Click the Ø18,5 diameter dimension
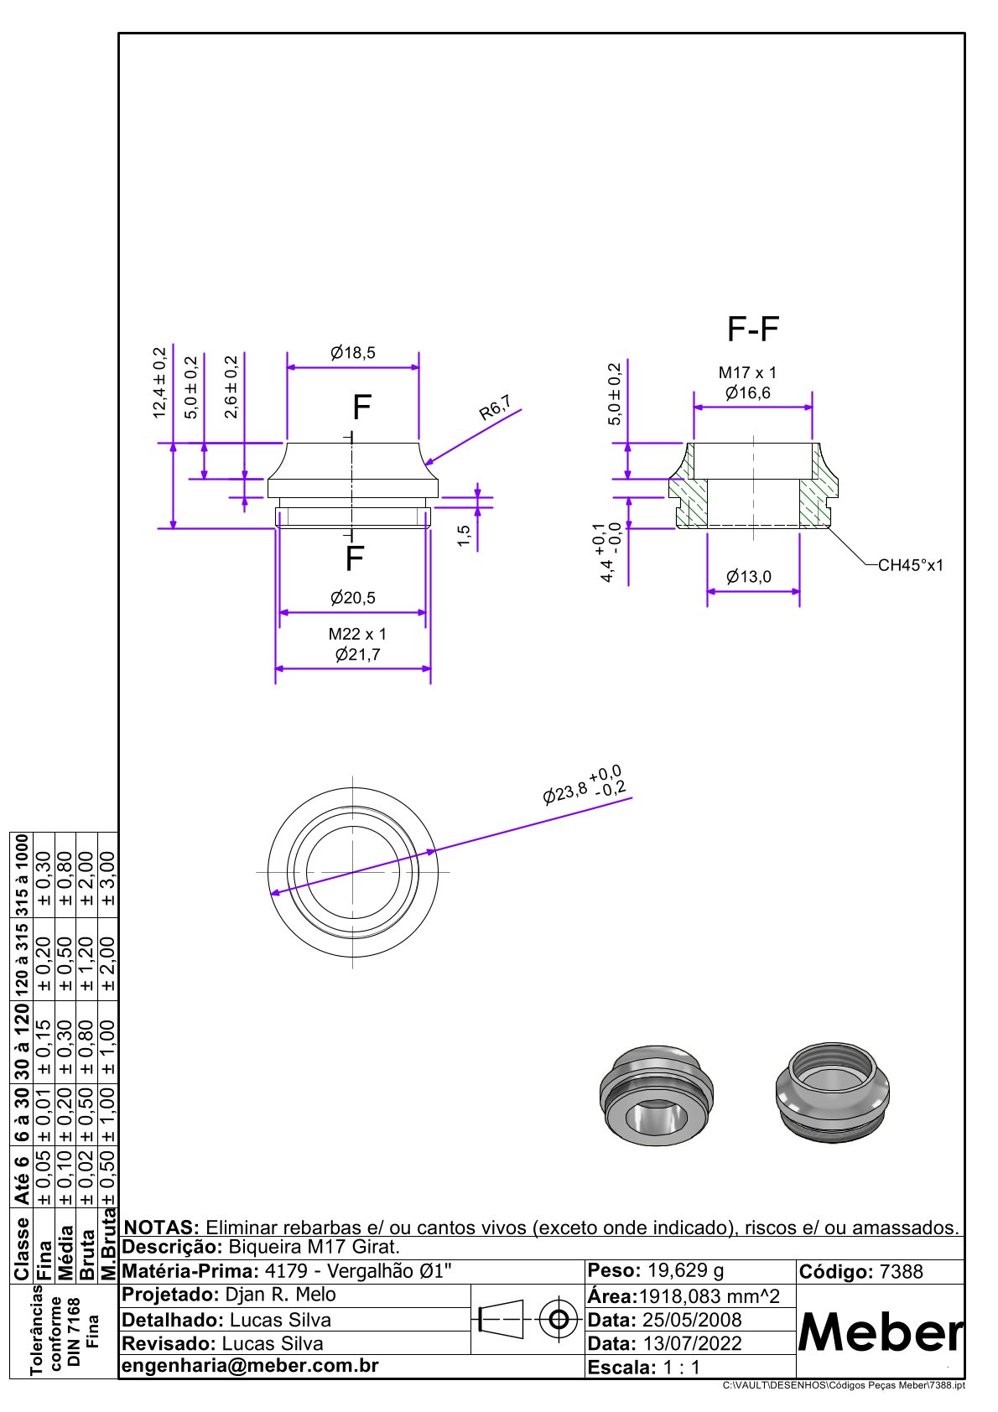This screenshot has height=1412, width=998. tap(352, 352)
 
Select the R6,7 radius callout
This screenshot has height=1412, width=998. tap(495, 408)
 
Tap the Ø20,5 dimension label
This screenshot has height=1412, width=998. tap(352, 597)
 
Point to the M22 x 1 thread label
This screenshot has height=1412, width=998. tap(356, 634)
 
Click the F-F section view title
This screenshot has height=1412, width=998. tap(753, 329)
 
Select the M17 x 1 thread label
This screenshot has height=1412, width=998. tap(747, 372)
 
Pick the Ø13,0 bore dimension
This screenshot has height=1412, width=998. tap(748, 576)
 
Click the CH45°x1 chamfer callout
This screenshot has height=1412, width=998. tap(911, 565)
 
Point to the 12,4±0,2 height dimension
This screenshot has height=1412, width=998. tap(159, 382)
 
